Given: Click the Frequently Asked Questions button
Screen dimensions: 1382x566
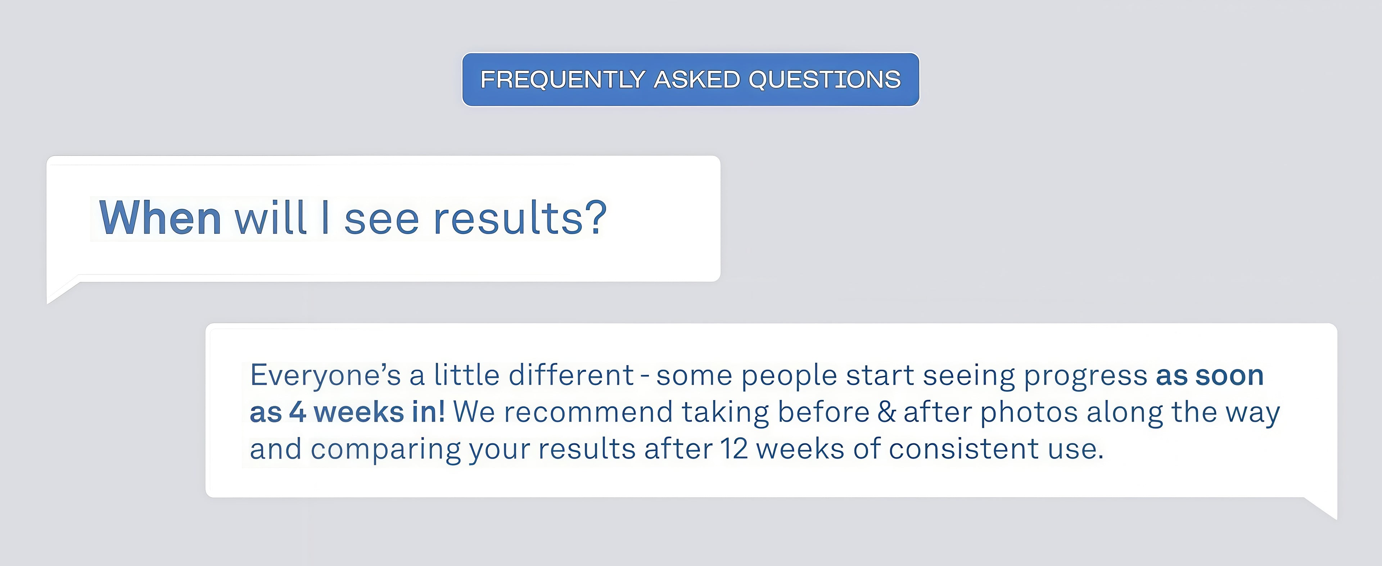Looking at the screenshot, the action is point(691,80).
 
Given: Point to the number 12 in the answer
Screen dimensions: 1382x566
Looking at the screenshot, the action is point(734,448).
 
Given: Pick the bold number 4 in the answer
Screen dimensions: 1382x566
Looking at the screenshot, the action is point(298,412).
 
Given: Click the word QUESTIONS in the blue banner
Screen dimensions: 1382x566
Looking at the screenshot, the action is point(825,80).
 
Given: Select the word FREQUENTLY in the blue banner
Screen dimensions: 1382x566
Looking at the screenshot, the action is point(562,80).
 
